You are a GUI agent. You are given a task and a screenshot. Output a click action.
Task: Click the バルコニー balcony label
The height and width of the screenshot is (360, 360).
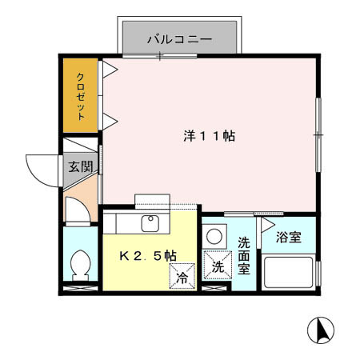point(178,38)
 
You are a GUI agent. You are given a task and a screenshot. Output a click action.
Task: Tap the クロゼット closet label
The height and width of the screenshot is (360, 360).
point(81,95)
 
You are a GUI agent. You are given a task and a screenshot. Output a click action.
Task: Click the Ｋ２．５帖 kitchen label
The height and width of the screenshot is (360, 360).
point(148,255)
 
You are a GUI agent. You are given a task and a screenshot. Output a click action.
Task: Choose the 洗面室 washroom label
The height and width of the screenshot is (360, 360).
point(244,255)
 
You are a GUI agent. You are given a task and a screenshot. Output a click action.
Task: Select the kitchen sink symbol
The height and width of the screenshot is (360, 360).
point(149,223)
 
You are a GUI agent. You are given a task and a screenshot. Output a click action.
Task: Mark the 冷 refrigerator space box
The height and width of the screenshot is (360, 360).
point(182,278)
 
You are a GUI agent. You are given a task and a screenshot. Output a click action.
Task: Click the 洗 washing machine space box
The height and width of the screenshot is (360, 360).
point(217,266)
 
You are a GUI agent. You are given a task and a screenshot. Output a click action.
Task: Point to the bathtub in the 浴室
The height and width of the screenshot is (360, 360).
point(288,274)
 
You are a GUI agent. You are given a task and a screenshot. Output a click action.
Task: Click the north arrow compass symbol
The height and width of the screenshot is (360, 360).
point(322,330)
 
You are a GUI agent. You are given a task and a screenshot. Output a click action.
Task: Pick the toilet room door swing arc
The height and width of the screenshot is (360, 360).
point(78,210)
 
